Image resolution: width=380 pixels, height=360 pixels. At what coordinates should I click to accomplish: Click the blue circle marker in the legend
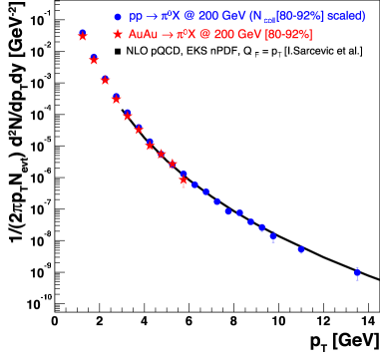118,17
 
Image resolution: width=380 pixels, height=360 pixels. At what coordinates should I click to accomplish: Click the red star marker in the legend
118,35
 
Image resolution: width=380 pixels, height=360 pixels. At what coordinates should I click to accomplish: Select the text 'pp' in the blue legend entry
135,17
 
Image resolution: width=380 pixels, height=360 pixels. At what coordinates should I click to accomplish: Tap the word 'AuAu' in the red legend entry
144,35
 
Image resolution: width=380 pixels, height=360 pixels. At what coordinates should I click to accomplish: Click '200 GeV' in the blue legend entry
220,17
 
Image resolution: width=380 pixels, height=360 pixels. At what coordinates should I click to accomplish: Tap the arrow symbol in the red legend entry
168,35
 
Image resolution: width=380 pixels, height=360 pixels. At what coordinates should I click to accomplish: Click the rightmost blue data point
357,272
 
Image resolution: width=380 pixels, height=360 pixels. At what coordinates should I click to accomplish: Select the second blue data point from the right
300,249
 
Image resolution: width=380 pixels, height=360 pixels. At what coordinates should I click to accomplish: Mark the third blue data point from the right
272,236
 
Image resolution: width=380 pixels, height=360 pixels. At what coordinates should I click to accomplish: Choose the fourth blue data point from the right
262,227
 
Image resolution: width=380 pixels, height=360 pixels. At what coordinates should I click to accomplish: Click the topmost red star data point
83,36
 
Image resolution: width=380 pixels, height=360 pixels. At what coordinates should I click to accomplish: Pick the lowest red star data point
184,180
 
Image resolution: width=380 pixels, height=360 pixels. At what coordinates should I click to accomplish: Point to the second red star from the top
94,60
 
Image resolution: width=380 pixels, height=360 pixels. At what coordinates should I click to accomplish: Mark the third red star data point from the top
105,80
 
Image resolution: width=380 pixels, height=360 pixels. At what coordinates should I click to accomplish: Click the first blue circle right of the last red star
194,184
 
